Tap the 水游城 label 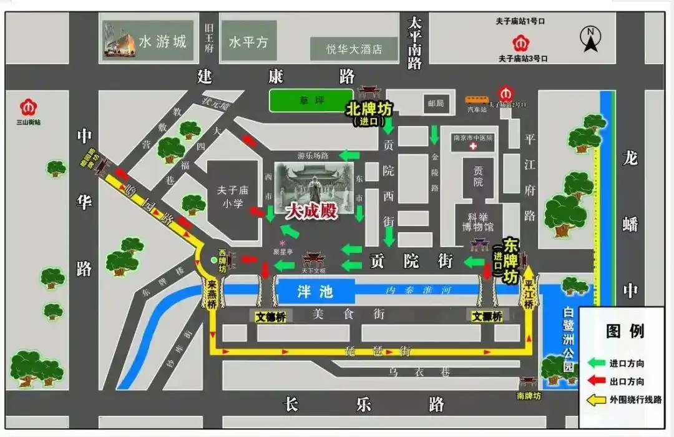click(162, 42)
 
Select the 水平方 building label click(248, 42)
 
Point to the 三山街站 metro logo click(28, 107)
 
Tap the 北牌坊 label click(369, 109)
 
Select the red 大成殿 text click(311, 211)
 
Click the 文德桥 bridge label click(271, 317)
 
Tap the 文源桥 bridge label click(487, 317)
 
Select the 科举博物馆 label click(478, 222)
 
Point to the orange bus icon click(477, 99)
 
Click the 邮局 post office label click(436, 104)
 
